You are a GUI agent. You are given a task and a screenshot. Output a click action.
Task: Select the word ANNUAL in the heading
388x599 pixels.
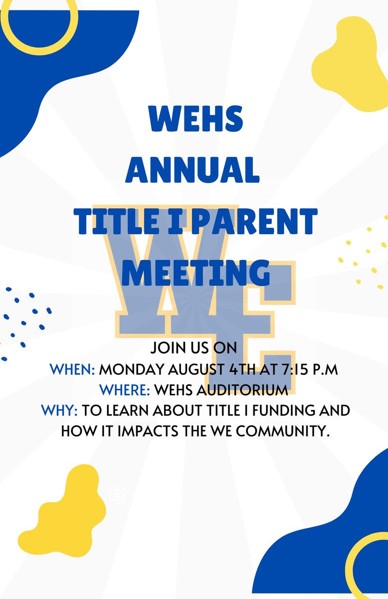pos(192,170)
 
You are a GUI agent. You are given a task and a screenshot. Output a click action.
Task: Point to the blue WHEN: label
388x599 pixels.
pos(72,370)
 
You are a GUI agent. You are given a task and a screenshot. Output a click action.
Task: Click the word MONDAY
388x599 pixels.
pos(131,370)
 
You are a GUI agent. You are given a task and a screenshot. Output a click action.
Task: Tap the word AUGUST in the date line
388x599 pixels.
pos(194,370)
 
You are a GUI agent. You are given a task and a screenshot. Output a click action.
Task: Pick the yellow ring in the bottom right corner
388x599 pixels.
pos(370,564)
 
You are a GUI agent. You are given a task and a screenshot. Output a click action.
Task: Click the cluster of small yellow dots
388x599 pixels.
pos(362,255)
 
